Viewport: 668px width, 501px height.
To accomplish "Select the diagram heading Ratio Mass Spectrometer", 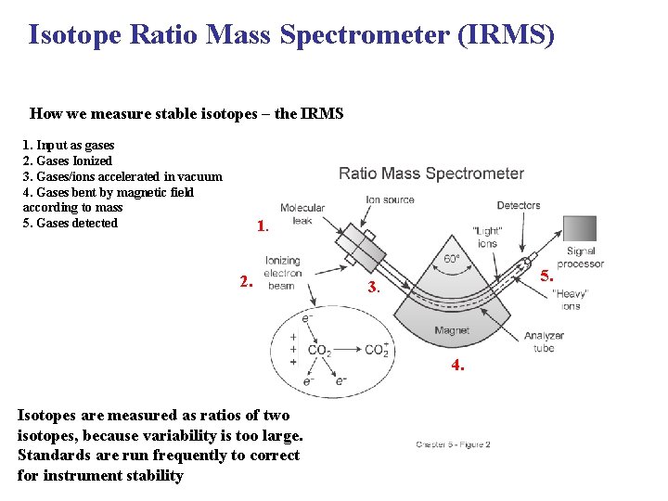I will (x=430, y=173).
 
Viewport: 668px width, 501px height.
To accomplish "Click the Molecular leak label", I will (x=302, y=214).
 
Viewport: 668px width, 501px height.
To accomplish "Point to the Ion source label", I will (x=390, y=199).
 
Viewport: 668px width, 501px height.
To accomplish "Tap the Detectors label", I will (x=518, y=206).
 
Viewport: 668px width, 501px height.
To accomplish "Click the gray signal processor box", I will (x=580, y=228).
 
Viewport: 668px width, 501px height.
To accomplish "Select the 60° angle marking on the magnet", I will (x=452, y=259).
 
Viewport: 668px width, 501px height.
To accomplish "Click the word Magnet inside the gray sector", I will (x=452, y=330).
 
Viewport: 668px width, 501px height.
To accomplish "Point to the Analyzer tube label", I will (x=544, y=342).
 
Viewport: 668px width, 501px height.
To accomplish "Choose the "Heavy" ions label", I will (x=570, y=300).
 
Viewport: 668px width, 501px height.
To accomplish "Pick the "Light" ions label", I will (x=487, y=238).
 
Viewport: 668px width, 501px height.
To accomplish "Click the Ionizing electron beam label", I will (x=282, y=274).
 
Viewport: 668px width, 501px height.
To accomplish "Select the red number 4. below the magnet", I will (x=457, y=366).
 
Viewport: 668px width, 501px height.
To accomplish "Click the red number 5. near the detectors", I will (x=547, y=276).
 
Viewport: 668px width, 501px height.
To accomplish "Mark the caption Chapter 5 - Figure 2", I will (x=453, y=444).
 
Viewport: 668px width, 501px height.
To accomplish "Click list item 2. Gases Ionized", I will (x=67, y=161).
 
